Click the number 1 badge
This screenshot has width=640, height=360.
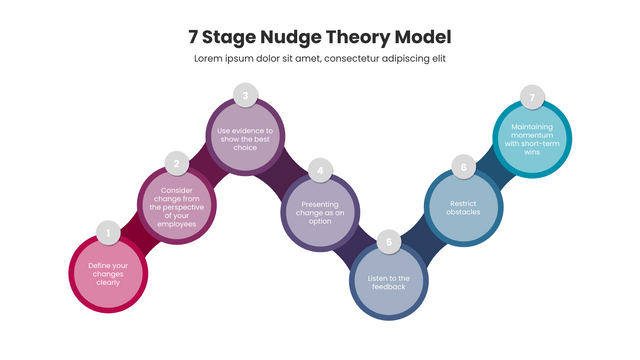[x=107, y=234]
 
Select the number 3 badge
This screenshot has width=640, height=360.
[x=245, y=96]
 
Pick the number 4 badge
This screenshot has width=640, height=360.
[x=320, y=171]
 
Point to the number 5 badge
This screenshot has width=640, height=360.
[x=391, y=241]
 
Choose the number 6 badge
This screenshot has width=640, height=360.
[x=462, y=165]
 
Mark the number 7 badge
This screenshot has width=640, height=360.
[x=533, y=98]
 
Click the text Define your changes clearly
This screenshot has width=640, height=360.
[x=108, y=273]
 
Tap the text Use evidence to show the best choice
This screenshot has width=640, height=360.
[x=245, y=139]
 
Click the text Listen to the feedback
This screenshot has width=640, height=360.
[x=390, y=282]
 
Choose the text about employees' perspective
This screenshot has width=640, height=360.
[x=176, y=207]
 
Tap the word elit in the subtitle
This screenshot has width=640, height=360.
[x=436, y=59]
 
